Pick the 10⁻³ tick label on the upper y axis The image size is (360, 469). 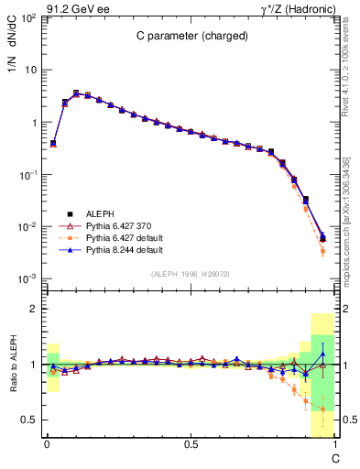tap(27, 278)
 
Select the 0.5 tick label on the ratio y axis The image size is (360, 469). tap(29, 420)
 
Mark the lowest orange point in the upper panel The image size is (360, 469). tap(322, 250)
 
